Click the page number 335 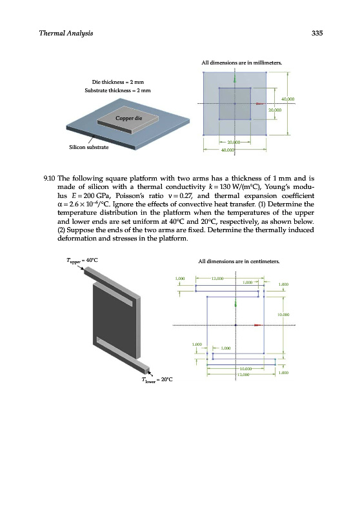tap(317, 33)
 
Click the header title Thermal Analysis tap(66, 34)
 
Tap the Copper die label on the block tap(128, 118)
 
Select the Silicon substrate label tap(88, 147)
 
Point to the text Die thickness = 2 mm tap(118, 82)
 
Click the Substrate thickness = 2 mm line tap(117, 90)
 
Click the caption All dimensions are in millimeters tap(241, 63)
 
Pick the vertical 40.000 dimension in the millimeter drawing tap(288, 99)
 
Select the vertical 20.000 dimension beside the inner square tap(275, 110)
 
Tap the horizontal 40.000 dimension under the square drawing tap(229, 150)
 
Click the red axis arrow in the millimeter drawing tap(260, 104)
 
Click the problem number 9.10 tap(50, 179)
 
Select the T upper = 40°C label tap(82, 261)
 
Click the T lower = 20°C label tap(157, 379)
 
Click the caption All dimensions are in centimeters tap(239, 262)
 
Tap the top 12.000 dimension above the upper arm tap(217, 279)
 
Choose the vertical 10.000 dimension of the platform tap(283, 315)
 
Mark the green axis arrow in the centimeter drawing tap(235, 303)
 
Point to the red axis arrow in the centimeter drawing tap(258, 325)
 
